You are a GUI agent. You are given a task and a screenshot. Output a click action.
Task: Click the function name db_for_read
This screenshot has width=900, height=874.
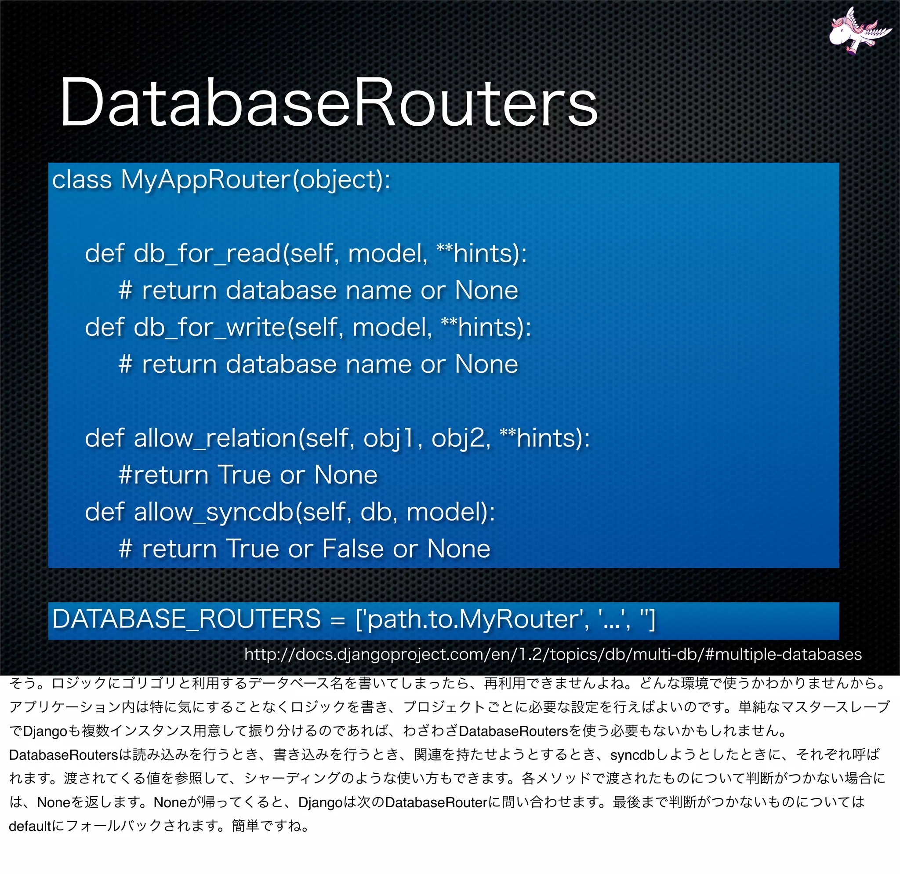(x=207, y=254)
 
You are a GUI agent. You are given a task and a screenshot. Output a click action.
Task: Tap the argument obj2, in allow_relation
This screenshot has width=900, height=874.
(x=461, y=438)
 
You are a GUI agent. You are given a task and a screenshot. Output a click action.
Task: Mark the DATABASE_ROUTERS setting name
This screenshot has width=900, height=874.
(x=186, y=619)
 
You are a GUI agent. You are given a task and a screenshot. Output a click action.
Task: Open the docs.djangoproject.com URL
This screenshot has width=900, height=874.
(x=553, y=654)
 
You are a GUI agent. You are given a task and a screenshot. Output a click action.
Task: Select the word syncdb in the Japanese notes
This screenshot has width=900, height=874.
(x=632, y=754)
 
